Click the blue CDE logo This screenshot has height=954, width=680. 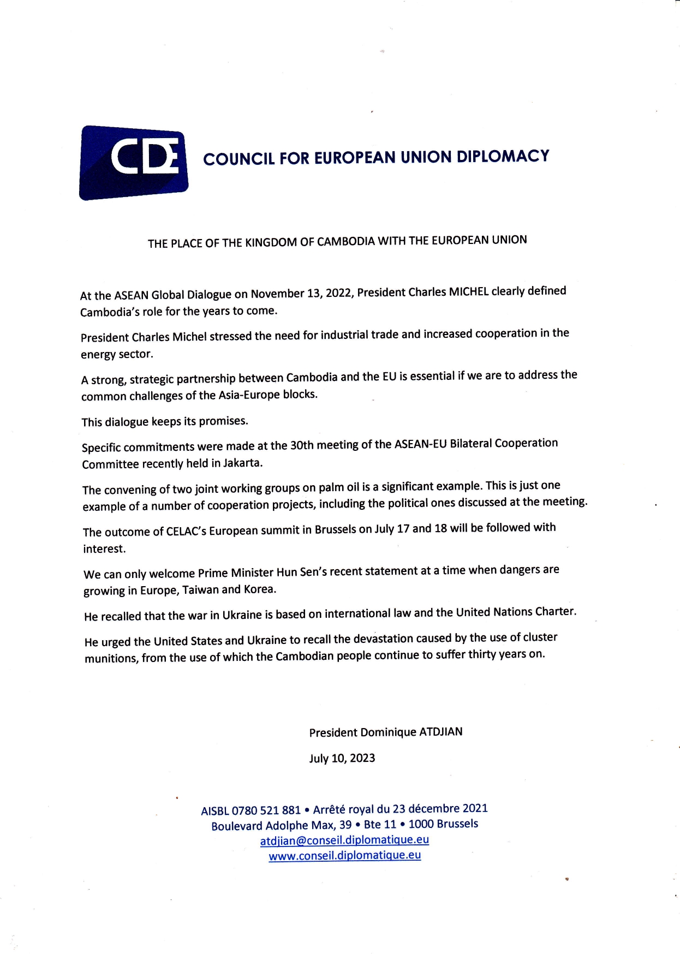pos(134,162)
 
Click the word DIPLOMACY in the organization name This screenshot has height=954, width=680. pos(503,157)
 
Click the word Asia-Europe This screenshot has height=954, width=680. pos(249,395)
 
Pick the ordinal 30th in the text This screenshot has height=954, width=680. pos(302,445)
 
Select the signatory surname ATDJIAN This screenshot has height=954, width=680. pos(440,732)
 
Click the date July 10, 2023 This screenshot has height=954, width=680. pos(342,758)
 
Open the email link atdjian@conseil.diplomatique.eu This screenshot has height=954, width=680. pos(344,840)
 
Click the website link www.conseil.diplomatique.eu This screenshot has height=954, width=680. pos(344,856)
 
